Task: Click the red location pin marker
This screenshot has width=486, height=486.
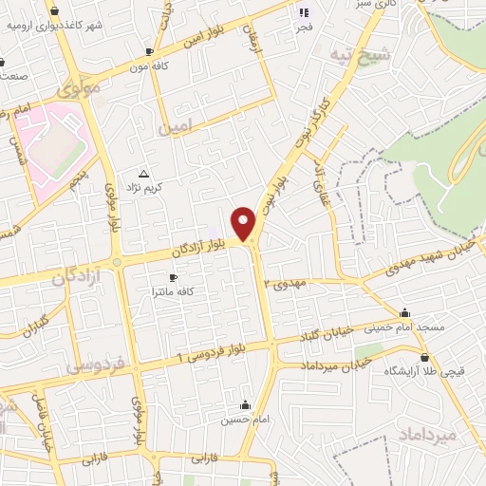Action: pos(245,224)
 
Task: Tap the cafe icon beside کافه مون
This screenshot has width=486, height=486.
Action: pos(149,51)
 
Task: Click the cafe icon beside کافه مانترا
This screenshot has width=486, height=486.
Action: pos(173,277)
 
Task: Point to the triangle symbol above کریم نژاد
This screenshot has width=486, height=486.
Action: pos(143,174)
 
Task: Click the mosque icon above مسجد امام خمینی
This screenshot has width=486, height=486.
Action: pos(405,313)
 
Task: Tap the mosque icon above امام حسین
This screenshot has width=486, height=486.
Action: pos(245,404)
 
